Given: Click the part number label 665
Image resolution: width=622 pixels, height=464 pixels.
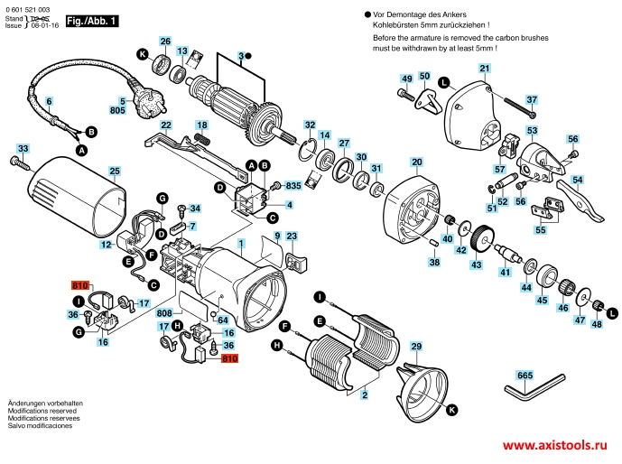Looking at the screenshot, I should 525,374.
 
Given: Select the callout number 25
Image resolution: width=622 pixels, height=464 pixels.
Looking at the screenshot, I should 115,171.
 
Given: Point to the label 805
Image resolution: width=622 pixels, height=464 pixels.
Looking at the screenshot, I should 116,110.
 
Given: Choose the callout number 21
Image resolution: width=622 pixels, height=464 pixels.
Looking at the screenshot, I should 484,69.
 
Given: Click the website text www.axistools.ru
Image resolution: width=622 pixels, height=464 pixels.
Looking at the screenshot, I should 554,447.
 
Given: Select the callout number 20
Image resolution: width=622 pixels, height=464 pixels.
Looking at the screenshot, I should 416,163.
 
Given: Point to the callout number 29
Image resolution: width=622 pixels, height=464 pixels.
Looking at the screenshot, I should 416,346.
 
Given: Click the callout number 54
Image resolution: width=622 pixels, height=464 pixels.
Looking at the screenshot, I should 578,181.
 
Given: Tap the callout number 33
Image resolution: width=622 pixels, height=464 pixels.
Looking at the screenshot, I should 23,148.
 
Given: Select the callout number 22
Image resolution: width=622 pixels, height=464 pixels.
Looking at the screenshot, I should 166,125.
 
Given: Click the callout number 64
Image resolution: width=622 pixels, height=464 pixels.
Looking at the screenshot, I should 222,320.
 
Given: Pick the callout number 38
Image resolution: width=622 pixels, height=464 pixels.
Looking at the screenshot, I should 434,262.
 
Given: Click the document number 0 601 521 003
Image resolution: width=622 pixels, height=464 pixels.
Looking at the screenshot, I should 32,7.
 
